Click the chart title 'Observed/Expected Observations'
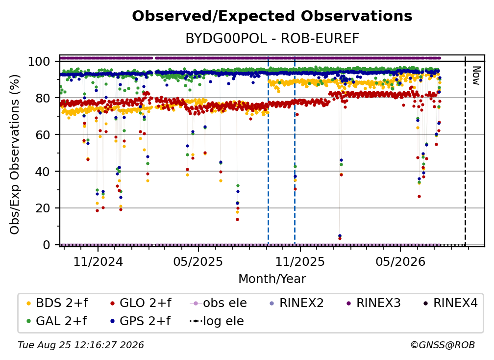point(272,16)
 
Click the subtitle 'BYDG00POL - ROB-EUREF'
point(272,39)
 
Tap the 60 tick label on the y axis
point(43,134)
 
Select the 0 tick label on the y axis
point(47,245)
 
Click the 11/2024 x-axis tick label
point(98,261)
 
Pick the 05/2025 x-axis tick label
point(198,261)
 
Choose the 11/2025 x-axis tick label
point(300,261)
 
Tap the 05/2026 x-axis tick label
point(400,261)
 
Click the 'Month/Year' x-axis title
point(272,279)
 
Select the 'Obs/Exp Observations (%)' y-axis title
point(15,154)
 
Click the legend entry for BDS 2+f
point(57,303)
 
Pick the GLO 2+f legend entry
point(141,303)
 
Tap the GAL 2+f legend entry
point(57,321)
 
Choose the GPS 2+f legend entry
point(141,321)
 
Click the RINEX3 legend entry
point(373,303)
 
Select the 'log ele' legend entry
point(217,321)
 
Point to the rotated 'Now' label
point(476,76)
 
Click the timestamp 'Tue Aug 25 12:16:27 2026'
point(81,345)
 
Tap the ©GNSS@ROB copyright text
point(443,345)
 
